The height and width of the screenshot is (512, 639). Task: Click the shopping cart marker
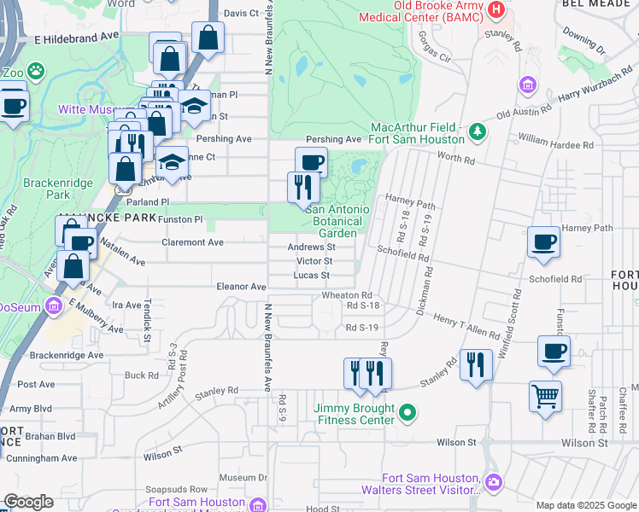pyautogui.click(x=545, y=395)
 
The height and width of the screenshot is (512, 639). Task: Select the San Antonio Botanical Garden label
pyautogui.click(x=337, y=221)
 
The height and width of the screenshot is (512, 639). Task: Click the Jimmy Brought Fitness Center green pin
pyautogui.click(x=408, y=414)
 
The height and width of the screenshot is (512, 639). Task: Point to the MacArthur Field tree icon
pyautogui.click(x=477, y=131)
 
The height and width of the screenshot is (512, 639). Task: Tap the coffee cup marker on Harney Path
pyautogui.click(x=543, y=242)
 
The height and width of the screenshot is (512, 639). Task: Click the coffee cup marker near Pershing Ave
pyautogui.click(x=311, y=161)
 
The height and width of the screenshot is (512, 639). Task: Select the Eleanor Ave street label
pyautogui.click(x=241, y=287)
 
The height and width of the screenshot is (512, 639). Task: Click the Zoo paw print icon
pyautogui.click(x=36, y=70)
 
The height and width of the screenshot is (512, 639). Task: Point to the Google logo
pyautogui.click(x=28, y=502)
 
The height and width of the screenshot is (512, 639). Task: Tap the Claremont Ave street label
pyautogui.click(x=194, y=242)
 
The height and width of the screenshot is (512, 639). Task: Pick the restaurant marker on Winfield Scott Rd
pyautogui.click(x=476, y=365)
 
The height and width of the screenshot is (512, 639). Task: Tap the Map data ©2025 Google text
pyautogui.click(x=586, y=505)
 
